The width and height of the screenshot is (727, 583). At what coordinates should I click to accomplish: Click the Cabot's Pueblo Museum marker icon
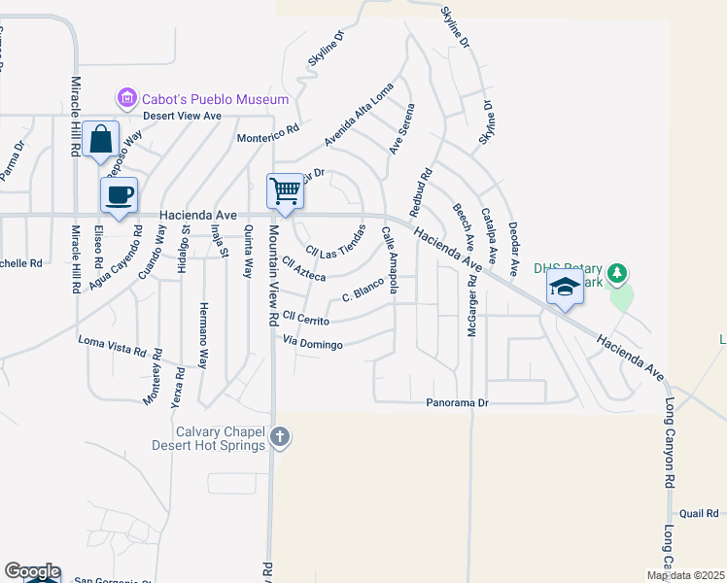tap(126, 98)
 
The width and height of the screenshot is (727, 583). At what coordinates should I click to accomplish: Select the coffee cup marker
tap(119, 194)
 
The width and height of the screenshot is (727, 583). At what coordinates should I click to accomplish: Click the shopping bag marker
tap(100, 139)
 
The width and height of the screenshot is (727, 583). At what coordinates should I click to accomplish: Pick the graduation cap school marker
tap(564, 287)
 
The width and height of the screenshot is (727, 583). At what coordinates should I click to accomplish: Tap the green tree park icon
tap(615, 274)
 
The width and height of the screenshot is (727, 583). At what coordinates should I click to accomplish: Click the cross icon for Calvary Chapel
tap(280, 437)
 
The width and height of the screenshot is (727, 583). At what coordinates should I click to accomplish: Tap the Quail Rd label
tap(699, 513)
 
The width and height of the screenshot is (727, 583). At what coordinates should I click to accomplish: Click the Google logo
tap(31, 571)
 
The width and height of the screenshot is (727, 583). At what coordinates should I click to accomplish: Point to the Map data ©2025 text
tap(686, 575)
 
